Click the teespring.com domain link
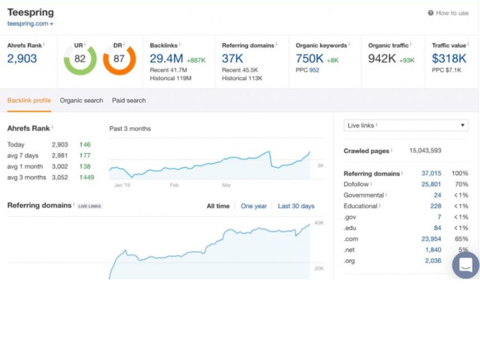[x=28, y=24]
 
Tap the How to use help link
[x=448, y=13]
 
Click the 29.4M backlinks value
[x=166, y=59]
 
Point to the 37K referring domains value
[x=232, y=59]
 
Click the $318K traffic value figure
[x=449, y=59]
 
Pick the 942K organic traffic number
[x=382, y=59]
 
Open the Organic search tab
[x=82, y=100]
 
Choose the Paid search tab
[x=129, y=100]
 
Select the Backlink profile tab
[x=29, y=100]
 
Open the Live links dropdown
[x=406, y=125]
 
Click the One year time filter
[x=253, y=206]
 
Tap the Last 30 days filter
[x=296, y=206]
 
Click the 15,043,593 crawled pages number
[x=425, y=150]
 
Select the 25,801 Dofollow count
[x=432, y=184]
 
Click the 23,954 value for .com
[x=432, y=239]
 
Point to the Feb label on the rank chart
[x=174, y=185]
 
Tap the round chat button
[x=466, y=265]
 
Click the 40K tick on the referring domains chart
[x=319, y=223]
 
